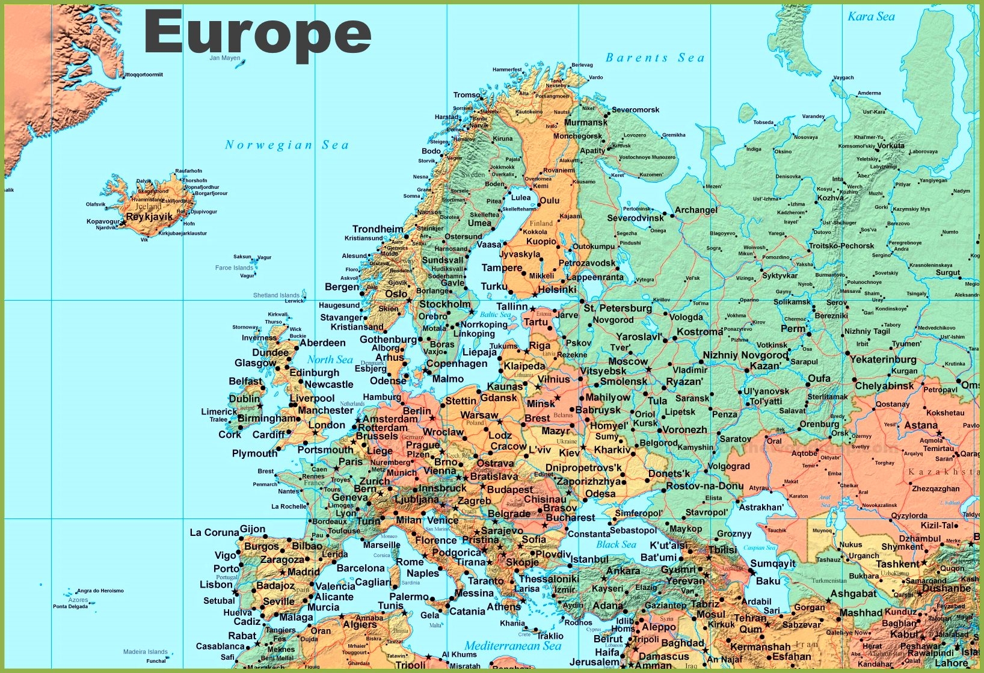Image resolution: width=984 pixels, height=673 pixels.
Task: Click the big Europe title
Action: tap(257, 33)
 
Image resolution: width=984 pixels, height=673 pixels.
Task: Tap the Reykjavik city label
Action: tap(149, 217)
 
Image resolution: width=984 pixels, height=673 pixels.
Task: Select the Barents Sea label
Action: tap(654, 58)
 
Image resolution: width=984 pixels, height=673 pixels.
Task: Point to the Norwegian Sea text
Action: tap(286, 145)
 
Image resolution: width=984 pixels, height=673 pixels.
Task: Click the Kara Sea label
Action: tap(871, 17)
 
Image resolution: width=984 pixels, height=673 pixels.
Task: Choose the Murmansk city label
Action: tap(586, 122)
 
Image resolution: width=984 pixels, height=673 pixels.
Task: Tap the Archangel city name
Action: tap(696, 210)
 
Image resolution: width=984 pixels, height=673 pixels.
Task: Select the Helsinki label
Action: tap(557, 289)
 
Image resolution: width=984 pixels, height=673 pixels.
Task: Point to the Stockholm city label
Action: tap(445, 304)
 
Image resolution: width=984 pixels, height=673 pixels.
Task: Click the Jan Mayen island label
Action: tap(224, 58)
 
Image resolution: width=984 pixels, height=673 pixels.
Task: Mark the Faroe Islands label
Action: tap(234, 268)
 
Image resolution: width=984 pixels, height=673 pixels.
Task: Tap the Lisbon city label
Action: tap(216, 584)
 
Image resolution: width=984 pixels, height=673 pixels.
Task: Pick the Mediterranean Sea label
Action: tap(512, 645)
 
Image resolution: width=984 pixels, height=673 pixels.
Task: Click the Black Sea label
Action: tap(616, 544)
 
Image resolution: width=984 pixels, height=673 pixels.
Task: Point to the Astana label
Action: tap(921, 425)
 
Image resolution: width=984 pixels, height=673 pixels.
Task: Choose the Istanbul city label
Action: tap(589, 559)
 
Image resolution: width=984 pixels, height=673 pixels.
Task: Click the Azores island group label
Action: tap(78, 600)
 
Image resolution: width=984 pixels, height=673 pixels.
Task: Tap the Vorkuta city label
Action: tap(890, 146)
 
